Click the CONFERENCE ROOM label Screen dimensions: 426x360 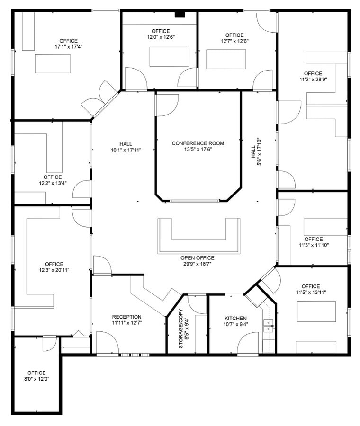coord(198,143)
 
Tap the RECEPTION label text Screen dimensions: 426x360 coord(126,317)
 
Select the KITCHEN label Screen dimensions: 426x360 coord(235,318)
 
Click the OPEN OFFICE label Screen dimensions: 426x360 coord(198,258)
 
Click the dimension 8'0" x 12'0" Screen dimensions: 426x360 coord(36,379)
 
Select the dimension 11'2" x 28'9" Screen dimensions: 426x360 coord(313,80)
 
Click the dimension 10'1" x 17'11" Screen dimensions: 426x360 coord(126,150)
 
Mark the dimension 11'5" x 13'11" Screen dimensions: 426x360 coord(310,293)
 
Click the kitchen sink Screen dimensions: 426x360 coord(268,327)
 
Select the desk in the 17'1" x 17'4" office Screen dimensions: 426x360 coord(53,63)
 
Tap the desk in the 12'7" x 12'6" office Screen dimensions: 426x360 coord(226,59)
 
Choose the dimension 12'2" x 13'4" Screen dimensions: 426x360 coord(53,183)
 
